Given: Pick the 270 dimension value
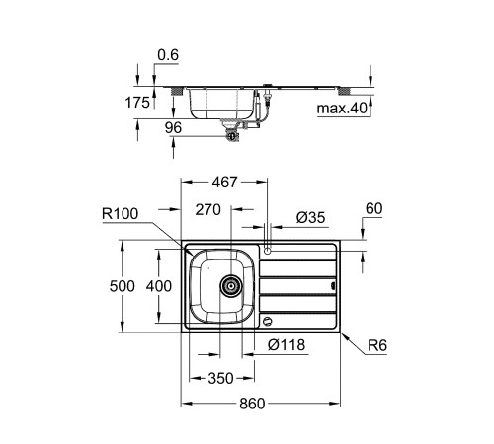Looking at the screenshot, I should [207, 210].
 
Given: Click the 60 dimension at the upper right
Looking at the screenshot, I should [372, 208].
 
